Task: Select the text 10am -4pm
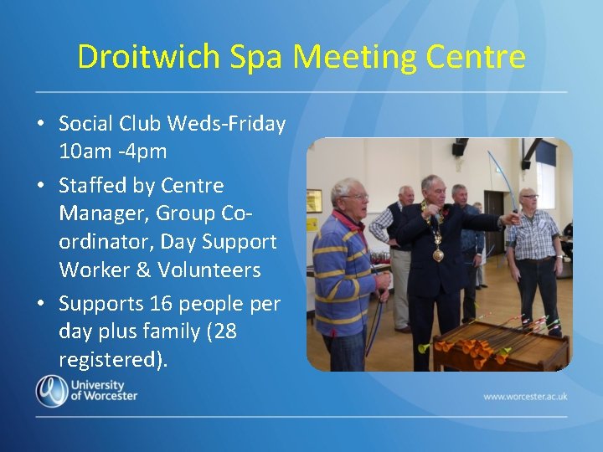[x=113, y=152]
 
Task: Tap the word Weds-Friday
[x=226, y=124]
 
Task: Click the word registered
[x=111, y=360]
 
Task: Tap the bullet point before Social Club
[x=40, y=125]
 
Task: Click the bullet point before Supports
[x=40, y=302]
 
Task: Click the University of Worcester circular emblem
[x=51, y=391]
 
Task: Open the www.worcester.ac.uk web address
[x=524, y=395]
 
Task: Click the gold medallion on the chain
[x=437, y=254]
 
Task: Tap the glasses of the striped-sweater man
[x=355, y=197]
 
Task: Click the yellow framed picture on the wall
[x=314, y=201]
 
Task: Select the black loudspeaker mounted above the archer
[x=460, y=148]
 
